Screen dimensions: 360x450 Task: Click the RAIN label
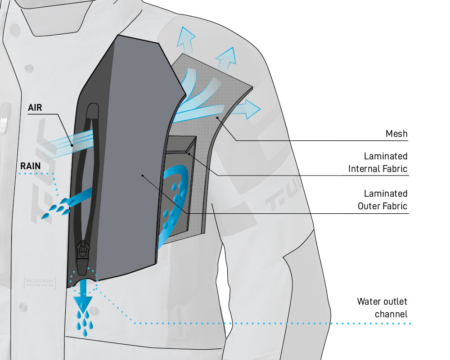coord(31,166)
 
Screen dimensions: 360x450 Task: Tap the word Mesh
coord(396,133)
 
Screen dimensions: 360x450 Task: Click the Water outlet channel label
coord(382,307)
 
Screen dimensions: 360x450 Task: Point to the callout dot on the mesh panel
coord(217,117)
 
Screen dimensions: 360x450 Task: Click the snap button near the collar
coord(29,68)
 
